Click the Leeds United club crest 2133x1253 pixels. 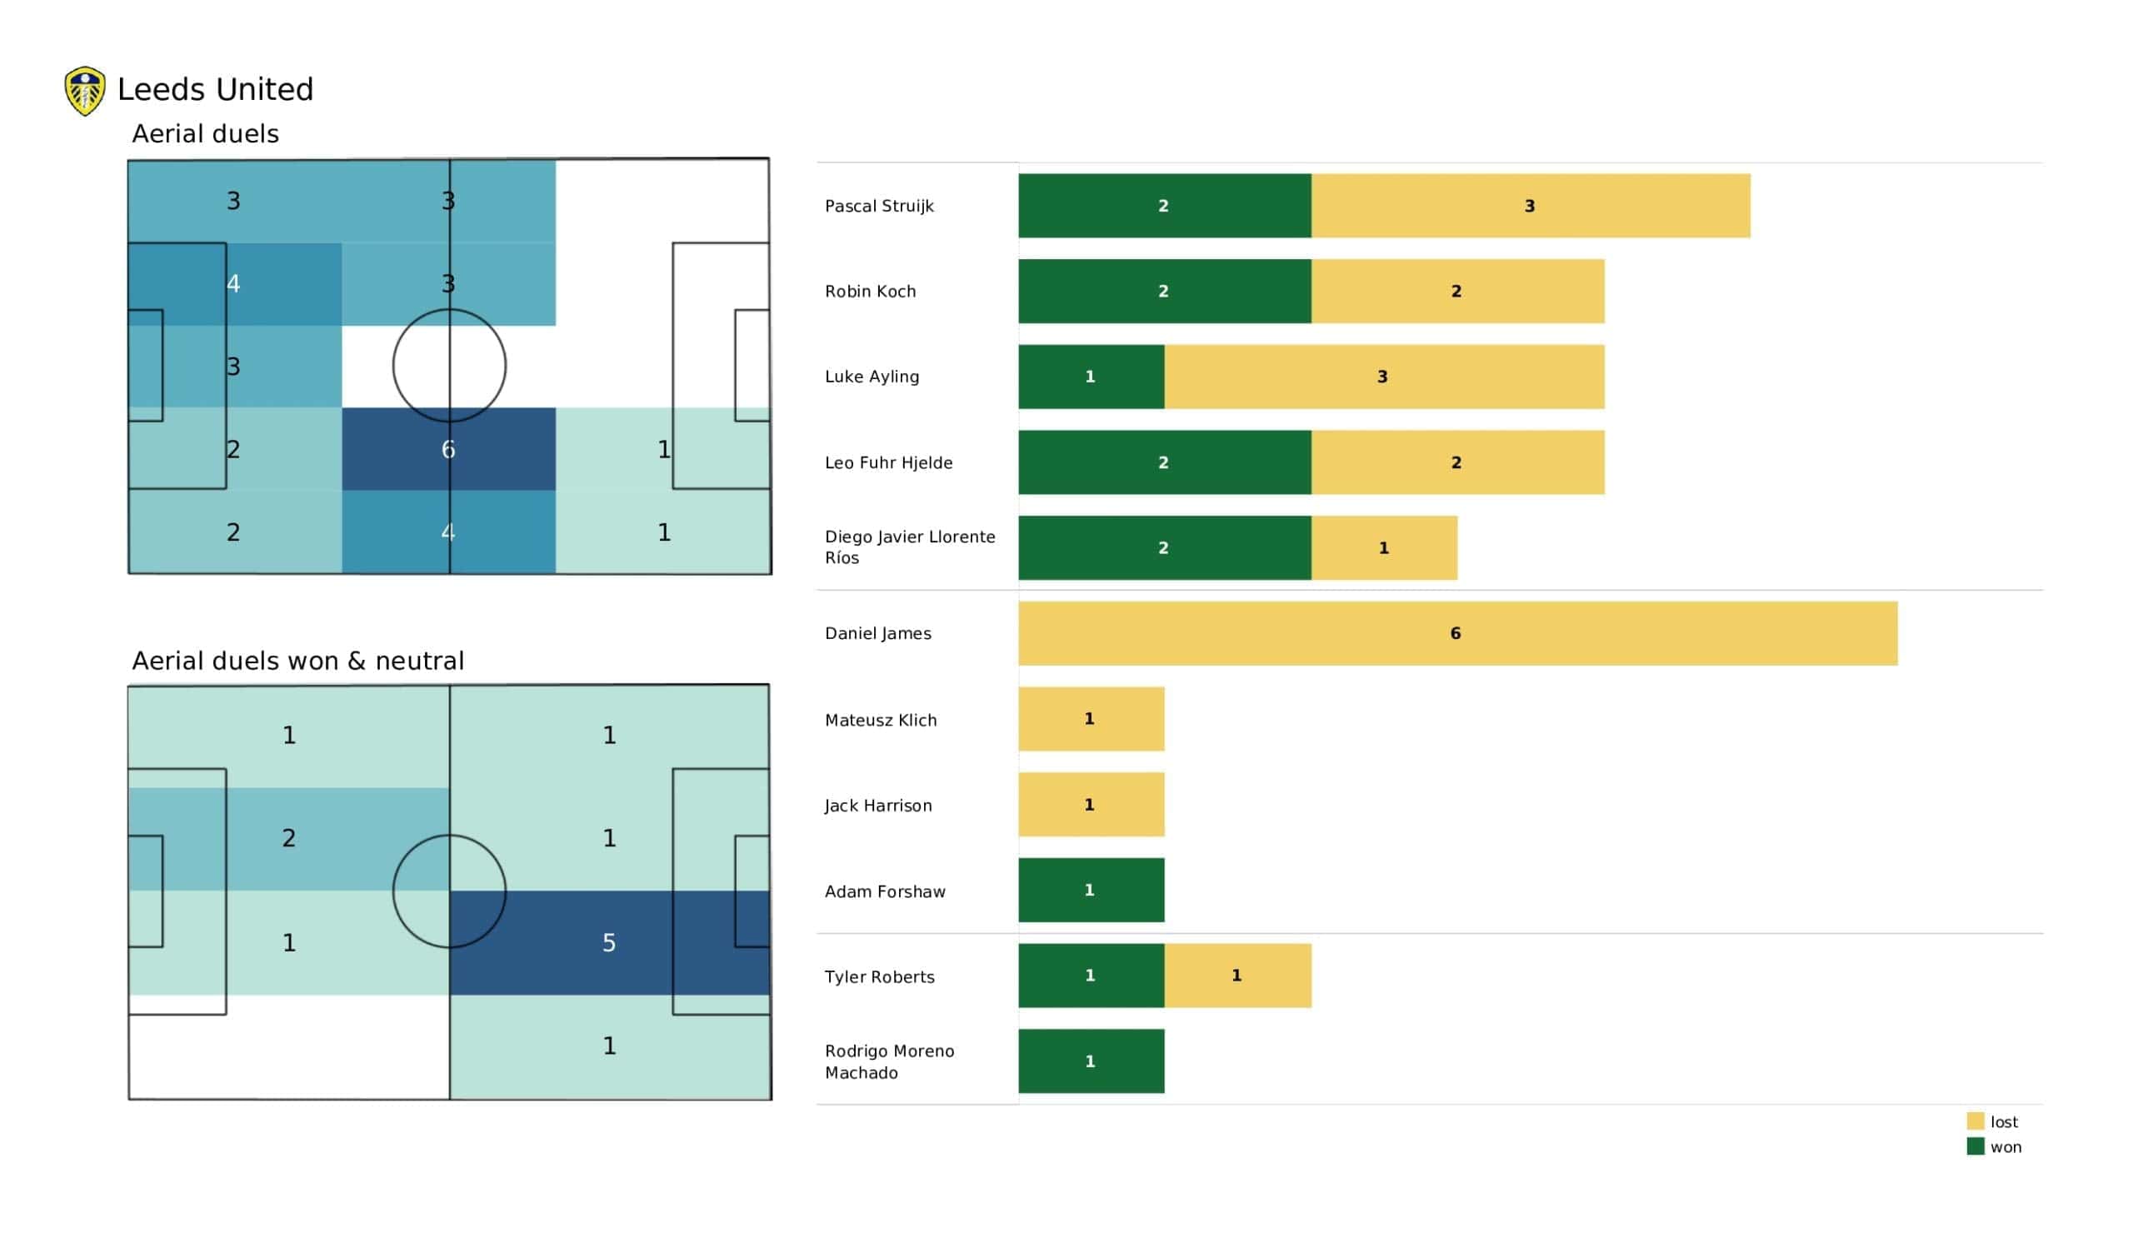[85, 91]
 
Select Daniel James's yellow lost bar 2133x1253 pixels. [1457, 633]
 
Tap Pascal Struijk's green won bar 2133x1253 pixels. [1165, 206]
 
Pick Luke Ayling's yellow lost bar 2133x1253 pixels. [1384, 377]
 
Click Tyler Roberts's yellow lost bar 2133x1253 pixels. [1237, 976]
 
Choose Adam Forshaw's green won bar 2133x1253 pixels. [1091, 890]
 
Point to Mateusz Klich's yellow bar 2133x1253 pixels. [1091, 719]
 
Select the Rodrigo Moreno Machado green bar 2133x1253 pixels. [1091, 1061]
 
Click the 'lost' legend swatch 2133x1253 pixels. [1976, 1121]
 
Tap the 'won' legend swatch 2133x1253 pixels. [1976, 1146]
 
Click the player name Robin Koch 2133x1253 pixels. [870, 292]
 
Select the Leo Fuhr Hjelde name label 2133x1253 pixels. [889, 462]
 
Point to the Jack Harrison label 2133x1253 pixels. [877, 805]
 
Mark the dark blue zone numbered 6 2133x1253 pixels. [448, 449]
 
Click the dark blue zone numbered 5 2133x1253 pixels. [609, 942]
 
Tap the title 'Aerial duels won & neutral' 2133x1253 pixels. [298, 661]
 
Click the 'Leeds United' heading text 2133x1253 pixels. [215, 89]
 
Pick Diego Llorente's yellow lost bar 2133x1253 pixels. [1384, 547]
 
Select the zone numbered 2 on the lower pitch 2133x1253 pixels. [288, 838]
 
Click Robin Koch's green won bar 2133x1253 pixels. [1165, 292]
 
